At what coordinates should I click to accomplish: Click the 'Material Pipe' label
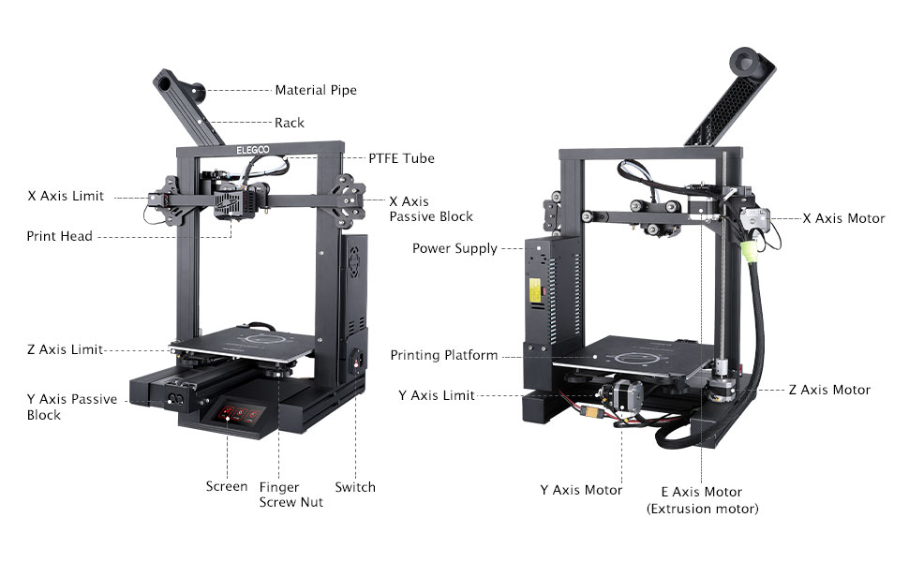pyautogui.click(x=315, y=91)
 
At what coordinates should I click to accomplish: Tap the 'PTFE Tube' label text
pyautogui.click(x=401, y=158)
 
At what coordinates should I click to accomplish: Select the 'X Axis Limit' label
pyautogui.click(x=66, y=197)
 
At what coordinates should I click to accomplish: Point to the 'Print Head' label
pyautogui.click(x=59, y=236)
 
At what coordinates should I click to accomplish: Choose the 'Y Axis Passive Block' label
pyautogui.click(x=71, y=407)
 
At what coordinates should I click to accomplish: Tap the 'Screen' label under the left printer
pyautogui.click(x=227, y=486)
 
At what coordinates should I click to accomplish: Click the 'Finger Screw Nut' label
pyautogui.click(x=291, y=495)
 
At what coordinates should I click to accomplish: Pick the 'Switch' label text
pyautogui.click(x=355, y=486)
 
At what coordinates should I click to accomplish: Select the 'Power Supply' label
pyautogui.click(x=454, y=248)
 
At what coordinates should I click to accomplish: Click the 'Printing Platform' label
pyautogui.click(x=444, y=355)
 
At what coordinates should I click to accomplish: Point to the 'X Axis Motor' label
pyautogui.click(x=843, y=218)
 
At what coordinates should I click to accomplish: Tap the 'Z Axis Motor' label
pyautogui.click(x=829, y=390)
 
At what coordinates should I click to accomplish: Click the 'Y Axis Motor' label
pyautogui.click(x=581, y=490)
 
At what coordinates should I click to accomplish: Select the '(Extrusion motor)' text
pyautogui.click(x=702, y=509)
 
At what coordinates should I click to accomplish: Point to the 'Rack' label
pyautogui.click(x=290, y=123)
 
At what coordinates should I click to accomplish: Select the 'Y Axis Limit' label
pyautogui.click(x=437, y=395)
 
